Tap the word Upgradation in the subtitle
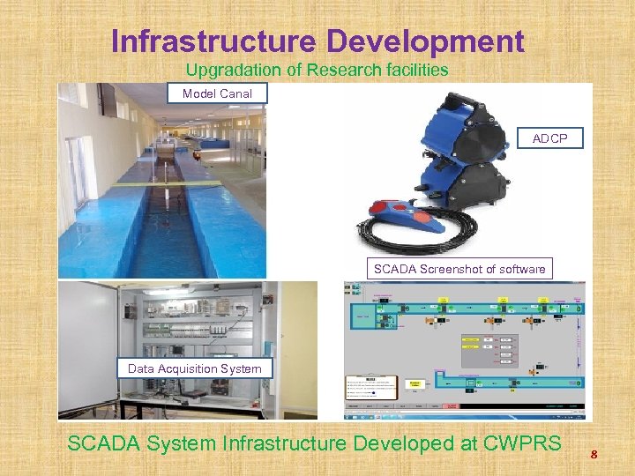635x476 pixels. [226, 70]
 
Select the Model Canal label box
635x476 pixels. [217, 93]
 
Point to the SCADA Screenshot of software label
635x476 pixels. [459, 269]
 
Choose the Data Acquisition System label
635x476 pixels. [194, 368]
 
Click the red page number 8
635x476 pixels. [594, 455]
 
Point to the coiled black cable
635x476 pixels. [441, 236]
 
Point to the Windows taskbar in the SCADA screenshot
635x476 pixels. [464, 414]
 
